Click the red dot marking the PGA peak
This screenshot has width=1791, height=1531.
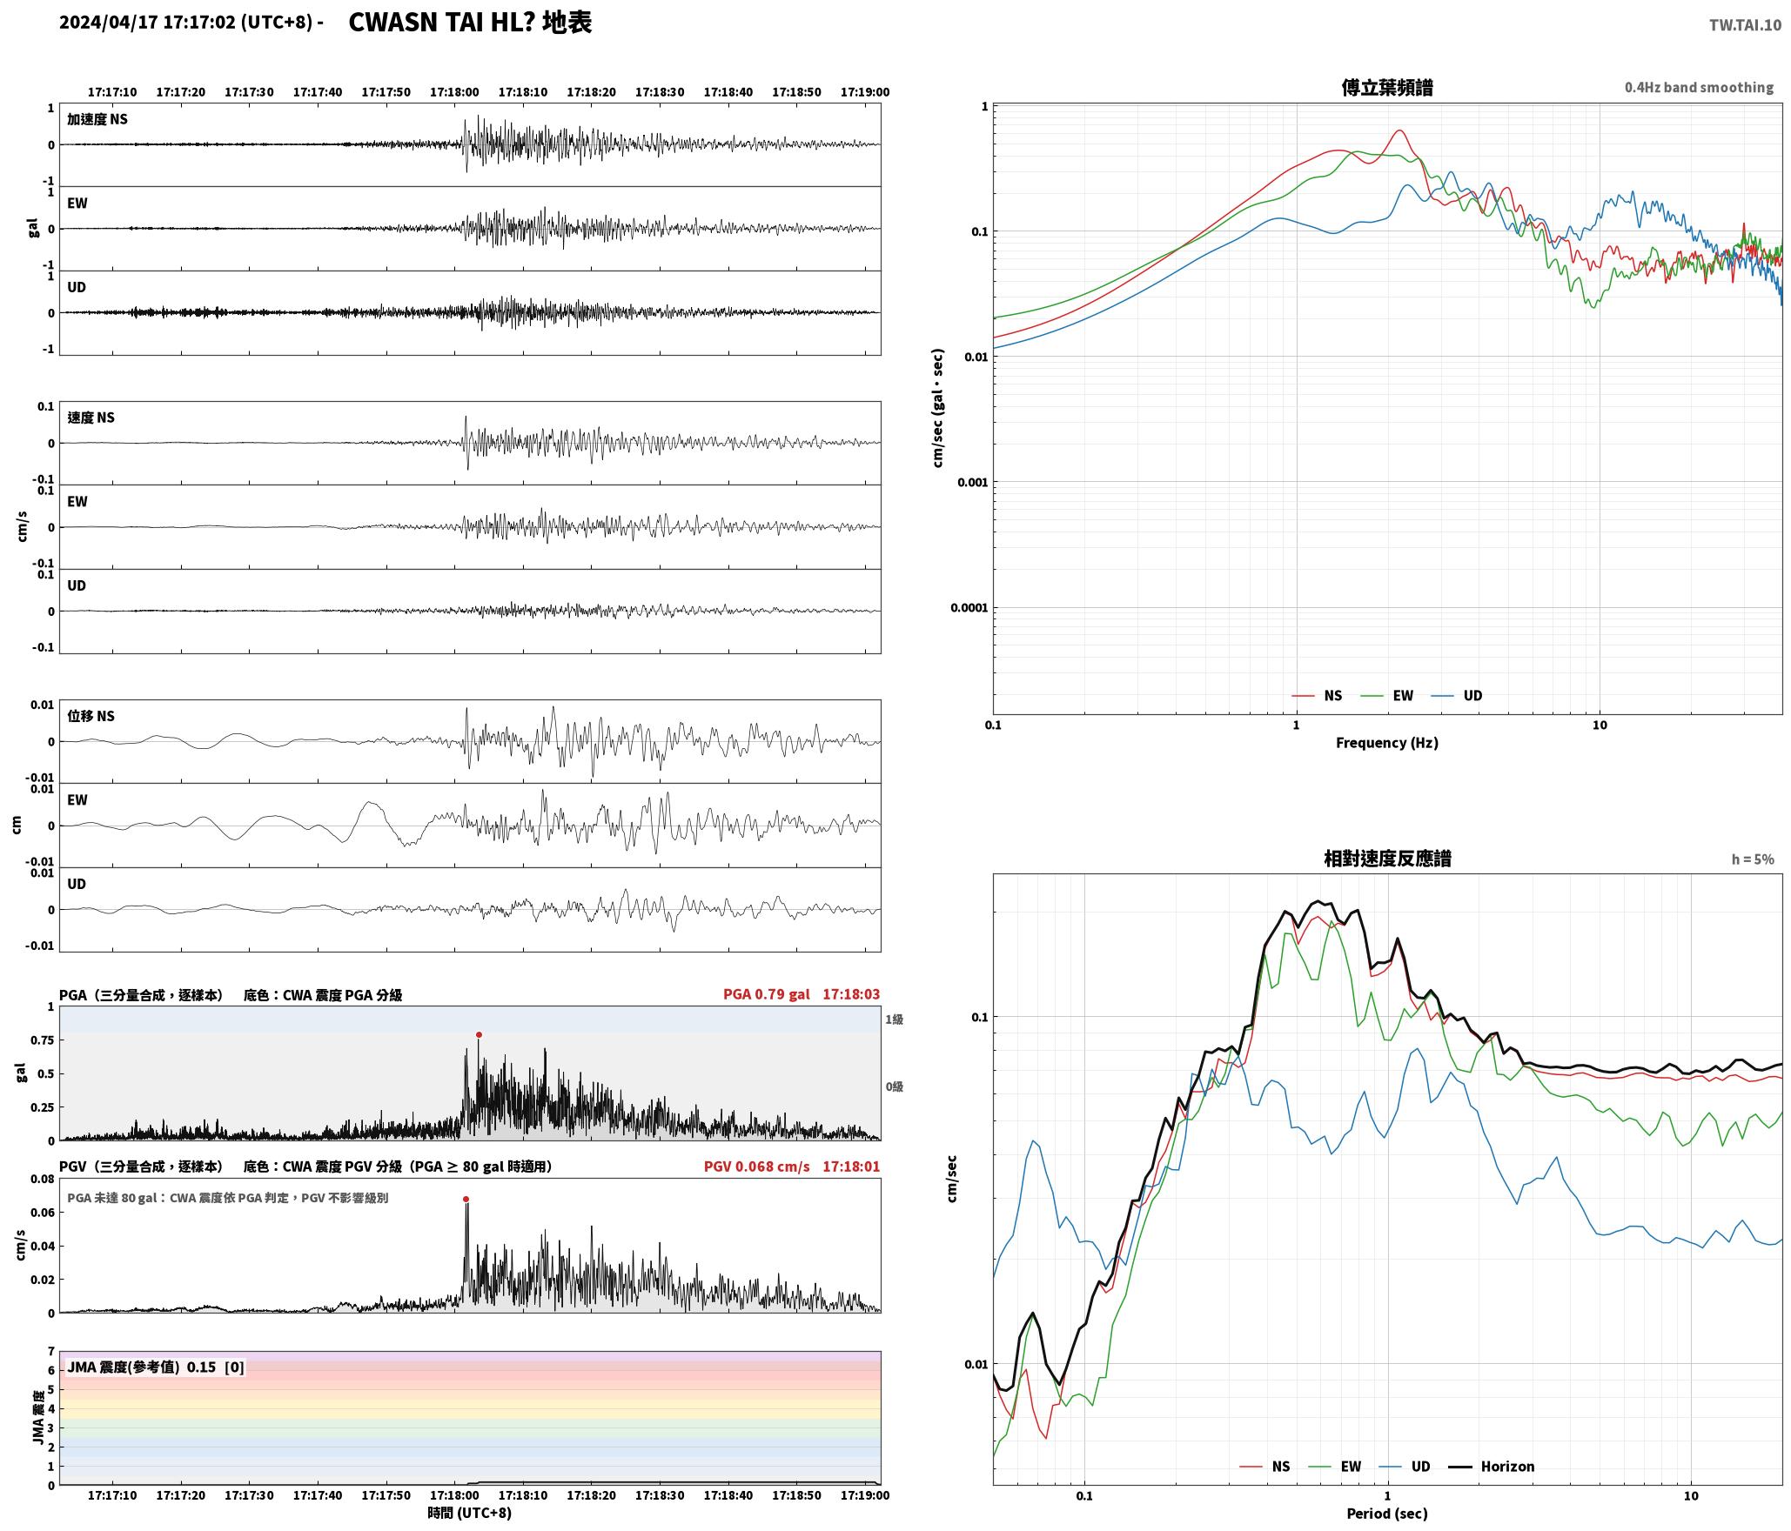[x=479, y=1035]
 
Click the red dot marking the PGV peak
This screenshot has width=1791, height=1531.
[x=466, y=1200]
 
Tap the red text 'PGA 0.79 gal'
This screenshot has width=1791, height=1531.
[x=766, y=994]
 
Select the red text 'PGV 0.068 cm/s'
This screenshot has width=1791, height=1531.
[x=756, y=1167]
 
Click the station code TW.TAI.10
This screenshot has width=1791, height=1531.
[x=1745, y=25]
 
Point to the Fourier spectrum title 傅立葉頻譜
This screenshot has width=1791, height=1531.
[x=1387, y=88]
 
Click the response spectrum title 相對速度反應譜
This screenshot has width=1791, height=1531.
[x=1387, y=859]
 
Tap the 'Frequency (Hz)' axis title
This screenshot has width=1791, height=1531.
[x=1387, y=743]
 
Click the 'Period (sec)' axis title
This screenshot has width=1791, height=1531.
[x=1387, y=1514]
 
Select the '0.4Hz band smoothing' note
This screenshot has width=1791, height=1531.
[x=1699, y=88]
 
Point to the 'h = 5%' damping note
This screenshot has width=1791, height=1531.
[x=1753, y=859]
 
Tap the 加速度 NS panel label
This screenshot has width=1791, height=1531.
[x=97, y=119]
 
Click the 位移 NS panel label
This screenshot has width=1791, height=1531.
[x=91, y=716]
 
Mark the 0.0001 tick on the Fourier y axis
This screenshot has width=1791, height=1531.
[x=969, y=608]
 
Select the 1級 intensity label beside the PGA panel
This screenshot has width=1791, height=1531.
[x=894, y=1020]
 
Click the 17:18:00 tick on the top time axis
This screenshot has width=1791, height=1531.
[x=454, y=92]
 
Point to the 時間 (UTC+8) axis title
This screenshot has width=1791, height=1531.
[x=470, y=1513]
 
